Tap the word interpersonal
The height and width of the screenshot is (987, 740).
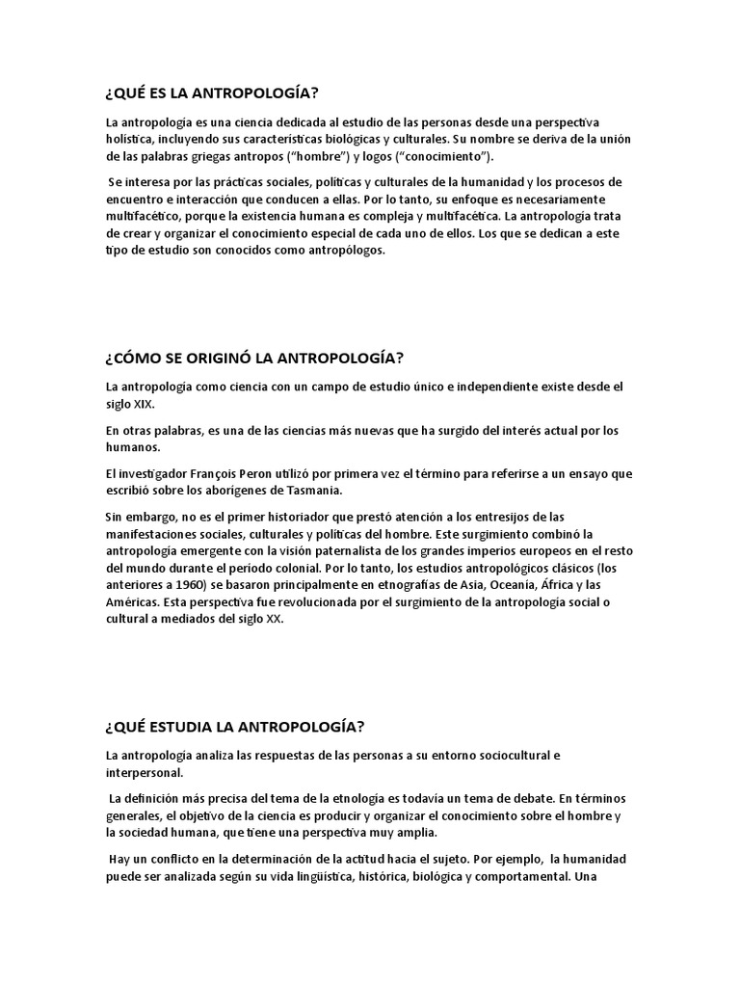(143, 772)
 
